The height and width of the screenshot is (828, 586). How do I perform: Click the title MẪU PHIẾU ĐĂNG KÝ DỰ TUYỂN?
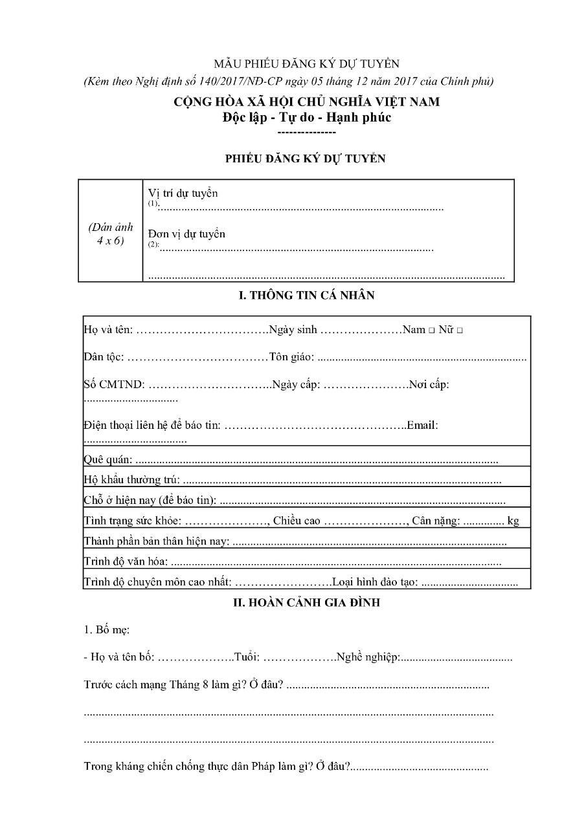pos(306,63)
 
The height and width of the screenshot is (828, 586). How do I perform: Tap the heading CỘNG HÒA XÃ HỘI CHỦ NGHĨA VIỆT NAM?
pos(306,102)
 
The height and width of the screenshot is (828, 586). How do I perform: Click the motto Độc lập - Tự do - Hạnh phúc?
pos(306,118)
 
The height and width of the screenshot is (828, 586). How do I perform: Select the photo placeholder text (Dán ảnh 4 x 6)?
pos(111,234)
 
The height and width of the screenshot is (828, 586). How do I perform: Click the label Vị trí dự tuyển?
pos(183,193)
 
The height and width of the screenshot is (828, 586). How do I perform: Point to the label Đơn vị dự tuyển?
pos(186,234)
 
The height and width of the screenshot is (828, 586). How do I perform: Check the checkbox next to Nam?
pos(431,331)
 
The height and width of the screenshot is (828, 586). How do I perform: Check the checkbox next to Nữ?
pos(459,331)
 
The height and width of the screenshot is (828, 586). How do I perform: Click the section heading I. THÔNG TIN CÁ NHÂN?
pos(306,296)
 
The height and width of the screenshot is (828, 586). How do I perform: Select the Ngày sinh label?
pos(293,330)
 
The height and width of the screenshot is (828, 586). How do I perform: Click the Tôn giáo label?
pos(291,357)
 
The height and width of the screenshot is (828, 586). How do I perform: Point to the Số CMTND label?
pos(114,385)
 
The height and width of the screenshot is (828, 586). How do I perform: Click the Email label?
pos(422,426)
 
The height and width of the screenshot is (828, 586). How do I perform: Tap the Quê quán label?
pos(108,460)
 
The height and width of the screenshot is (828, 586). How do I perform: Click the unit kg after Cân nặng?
pos(513,521)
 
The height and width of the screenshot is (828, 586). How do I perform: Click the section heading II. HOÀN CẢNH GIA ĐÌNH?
pos(306,603)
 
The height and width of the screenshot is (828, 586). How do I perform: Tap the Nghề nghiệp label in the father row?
pos(367,658)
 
